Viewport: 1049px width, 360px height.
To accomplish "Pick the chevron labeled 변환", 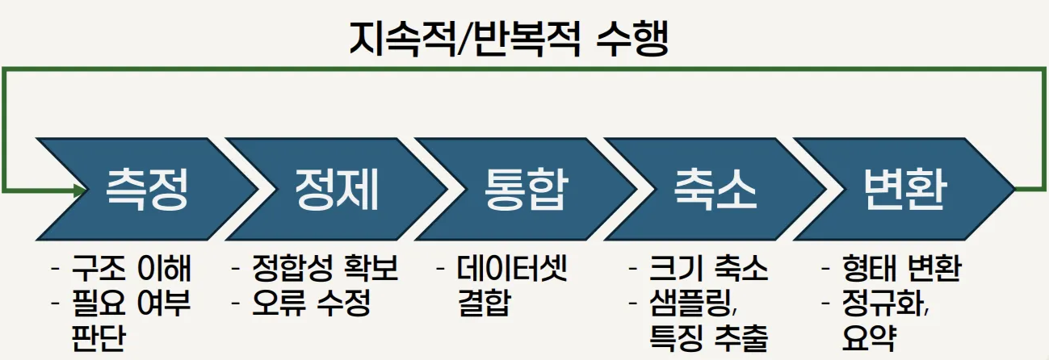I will (x=904, y=189).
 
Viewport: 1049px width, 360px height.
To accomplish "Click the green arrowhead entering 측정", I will (x=79, y=190).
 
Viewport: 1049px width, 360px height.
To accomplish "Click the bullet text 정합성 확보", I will (x=325, y=268).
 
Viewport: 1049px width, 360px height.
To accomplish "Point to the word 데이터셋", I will (x=512, y=268).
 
